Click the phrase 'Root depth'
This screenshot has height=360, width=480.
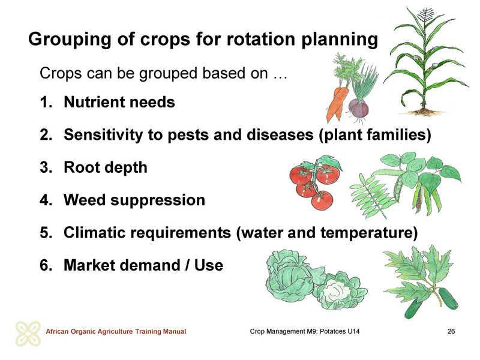[106, 168]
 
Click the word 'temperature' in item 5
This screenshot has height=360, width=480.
[369, 233]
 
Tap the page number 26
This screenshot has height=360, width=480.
[451, 331]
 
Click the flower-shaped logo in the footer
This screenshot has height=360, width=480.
[28, 334]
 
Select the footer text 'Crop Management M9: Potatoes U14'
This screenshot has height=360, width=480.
[305, 331]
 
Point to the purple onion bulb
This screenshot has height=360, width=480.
[358, 109]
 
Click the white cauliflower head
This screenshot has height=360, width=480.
[335, 290]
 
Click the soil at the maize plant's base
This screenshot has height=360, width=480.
[424, 112]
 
